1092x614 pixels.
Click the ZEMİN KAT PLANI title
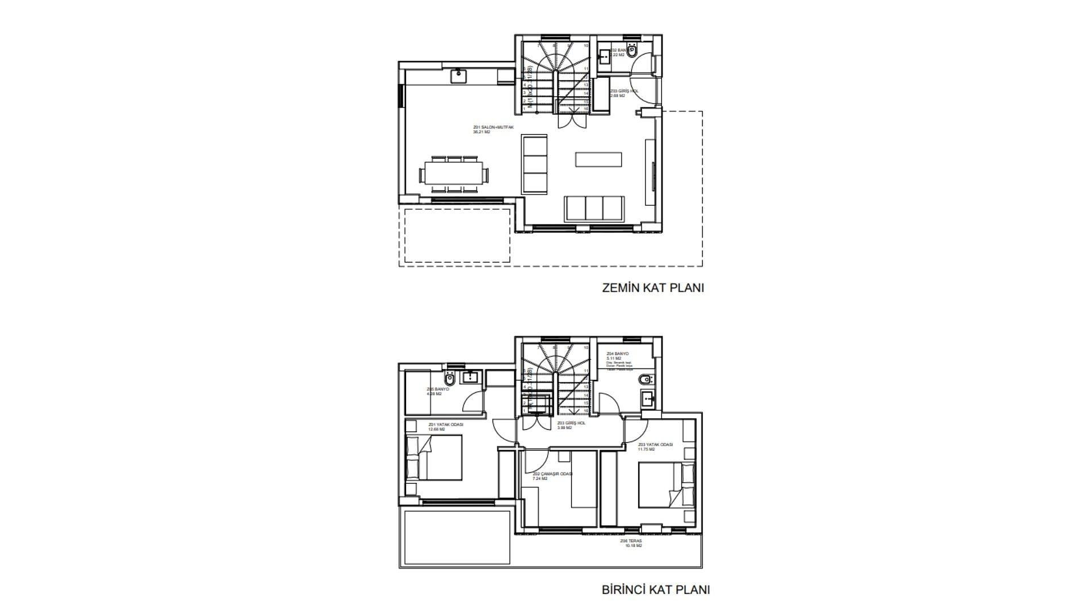pyautogui.click(x=653, y=288)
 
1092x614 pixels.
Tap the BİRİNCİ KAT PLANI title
pyautogui.click(x=655, y=590)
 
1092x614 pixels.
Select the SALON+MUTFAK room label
pyautogui.click(x=489, y=128)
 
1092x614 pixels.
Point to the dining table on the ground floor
pyautogui.click(x=453, y=173)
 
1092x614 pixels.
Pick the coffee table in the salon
pyautogui.click(x=598, y=159)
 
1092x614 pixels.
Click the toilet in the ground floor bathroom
pyautogui.click(x=632, y=51)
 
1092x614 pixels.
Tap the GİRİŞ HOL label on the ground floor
pyautogui.click(x=624, y=92)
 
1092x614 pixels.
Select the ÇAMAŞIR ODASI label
pyautogui.click(x=552, y=474)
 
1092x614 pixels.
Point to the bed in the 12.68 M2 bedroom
pyautogui.click(x=433, y=458)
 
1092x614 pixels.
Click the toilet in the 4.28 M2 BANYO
pyautogui.click(x=450, y=378)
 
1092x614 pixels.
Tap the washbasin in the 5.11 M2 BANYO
pyautogui.click(x=647, y=399)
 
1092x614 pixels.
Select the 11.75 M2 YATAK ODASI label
pyautogui.click(x=655, y=445)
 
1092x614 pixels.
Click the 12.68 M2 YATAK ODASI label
pyautogui.click(x=445, y=425)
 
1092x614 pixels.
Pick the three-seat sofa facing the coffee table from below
pyautogui.click(x=594, y=209)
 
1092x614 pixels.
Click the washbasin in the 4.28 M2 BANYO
pyautogui.click(x=471, y=376)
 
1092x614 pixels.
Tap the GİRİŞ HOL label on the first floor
pyautogui.click(x=571, y=424)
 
